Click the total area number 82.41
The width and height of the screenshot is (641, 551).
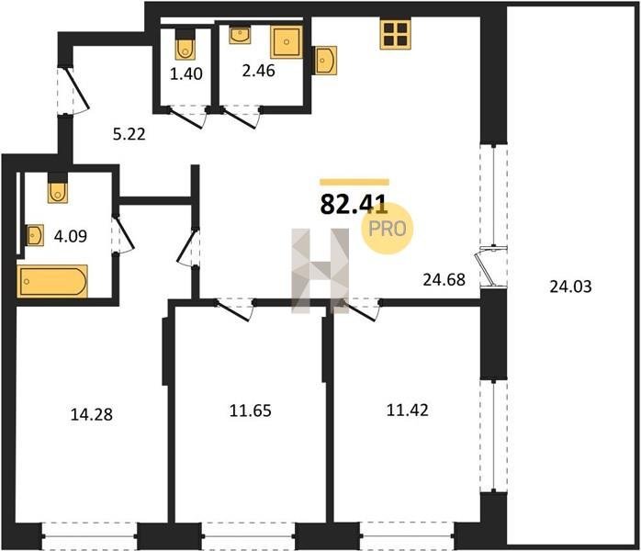(x=354, y=205)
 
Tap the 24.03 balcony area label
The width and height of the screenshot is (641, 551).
(x=570, y=287)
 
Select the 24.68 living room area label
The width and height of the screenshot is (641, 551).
(x=444, y=279)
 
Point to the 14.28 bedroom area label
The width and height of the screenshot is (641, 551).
(x=92, y=414)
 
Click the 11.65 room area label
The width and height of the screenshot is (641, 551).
(x=250, y=410)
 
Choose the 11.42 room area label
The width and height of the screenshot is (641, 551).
(x=408, y=410)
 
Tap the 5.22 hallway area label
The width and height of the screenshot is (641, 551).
(x=129, y=134)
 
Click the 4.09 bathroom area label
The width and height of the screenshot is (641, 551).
(x=71, y=236)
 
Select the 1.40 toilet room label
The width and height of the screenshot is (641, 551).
(x=186, y=74)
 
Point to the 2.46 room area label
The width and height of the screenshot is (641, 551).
(x=258, y=71)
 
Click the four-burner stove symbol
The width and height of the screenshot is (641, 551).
(x=395, y=35)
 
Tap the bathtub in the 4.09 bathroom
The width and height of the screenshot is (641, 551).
(x=52, y=281)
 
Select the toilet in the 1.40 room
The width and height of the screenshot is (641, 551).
(x=186, y=45)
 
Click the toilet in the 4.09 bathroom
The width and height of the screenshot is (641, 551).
(x=58, y=189)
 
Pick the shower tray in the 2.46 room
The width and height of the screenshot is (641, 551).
(x=287, y=41)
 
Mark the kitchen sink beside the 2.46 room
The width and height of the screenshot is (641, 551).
(x=325, y=61)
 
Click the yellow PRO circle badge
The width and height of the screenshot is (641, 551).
(x=388, y=229)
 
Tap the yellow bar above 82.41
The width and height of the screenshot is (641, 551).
(x=354, y=183)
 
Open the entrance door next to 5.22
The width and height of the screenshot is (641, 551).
(x=76, y=91)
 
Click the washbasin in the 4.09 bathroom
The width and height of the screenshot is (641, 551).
(x=34, y=235)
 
